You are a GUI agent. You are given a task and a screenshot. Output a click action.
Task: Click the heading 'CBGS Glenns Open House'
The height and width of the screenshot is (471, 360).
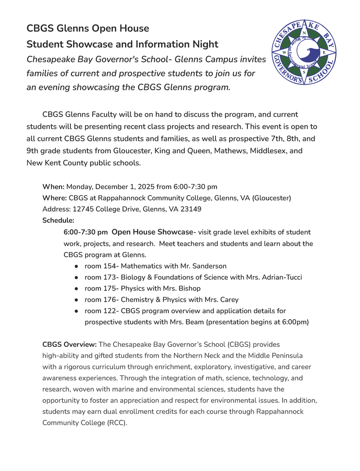click(87, 29)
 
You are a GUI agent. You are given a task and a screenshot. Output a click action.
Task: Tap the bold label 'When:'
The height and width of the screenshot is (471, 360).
click(53, 187)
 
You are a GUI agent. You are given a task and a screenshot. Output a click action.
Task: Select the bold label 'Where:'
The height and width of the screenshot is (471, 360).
click(54, 198)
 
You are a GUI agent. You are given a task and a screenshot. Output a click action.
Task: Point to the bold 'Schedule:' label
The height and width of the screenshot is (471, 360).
click(58, 220)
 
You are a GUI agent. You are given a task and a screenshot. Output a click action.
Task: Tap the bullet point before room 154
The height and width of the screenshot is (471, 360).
click(76, 266)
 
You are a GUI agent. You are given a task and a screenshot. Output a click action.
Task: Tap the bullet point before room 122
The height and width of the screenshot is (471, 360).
click(76, 311)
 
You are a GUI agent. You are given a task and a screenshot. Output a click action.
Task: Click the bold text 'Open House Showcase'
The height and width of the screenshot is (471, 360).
click(152, 232)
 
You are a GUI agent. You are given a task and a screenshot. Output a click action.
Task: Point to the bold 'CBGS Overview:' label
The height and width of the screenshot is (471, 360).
click(69, 345)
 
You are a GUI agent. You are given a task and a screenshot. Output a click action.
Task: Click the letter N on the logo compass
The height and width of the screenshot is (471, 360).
click(304, 33)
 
